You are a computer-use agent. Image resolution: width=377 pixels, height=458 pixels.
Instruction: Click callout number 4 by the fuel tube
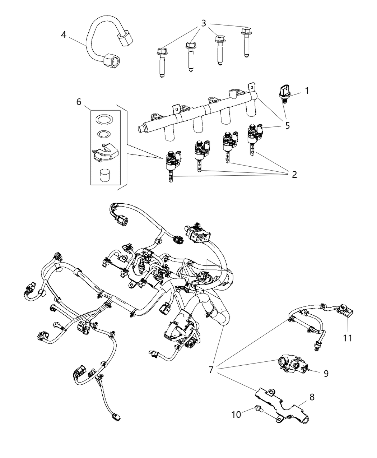click(64, 36)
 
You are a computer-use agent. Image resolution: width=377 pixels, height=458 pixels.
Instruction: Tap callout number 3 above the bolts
click(204, 24)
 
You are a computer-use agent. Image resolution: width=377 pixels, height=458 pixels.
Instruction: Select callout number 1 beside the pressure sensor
click(307, 91)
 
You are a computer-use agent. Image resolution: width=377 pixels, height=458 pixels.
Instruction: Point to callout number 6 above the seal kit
click(79, 102)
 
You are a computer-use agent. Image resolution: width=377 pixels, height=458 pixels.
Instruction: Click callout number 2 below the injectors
click(294, 175)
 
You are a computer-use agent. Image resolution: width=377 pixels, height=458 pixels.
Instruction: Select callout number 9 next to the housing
click(326, 374)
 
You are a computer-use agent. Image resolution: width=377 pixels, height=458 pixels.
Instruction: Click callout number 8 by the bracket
click(312, 397)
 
